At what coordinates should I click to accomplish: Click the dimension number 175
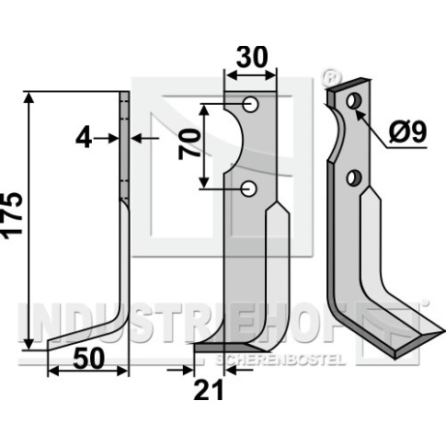[13, 215]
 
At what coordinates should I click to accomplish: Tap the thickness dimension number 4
[84, 139]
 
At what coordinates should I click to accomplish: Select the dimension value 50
[89, 359]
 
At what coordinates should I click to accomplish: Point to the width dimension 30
[252, 57]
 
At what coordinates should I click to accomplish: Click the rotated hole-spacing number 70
[189, 144]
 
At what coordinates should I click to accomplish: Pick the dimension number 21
[209, 390]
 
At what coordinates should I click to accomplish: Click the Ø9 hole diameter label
[407, 132]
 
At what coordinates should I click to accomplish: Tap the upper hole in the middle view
[251, 105]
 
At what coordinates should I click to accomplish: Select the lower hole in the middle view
[248, 189]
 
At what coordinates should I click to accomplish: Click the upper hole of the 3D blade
[354, 101]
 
